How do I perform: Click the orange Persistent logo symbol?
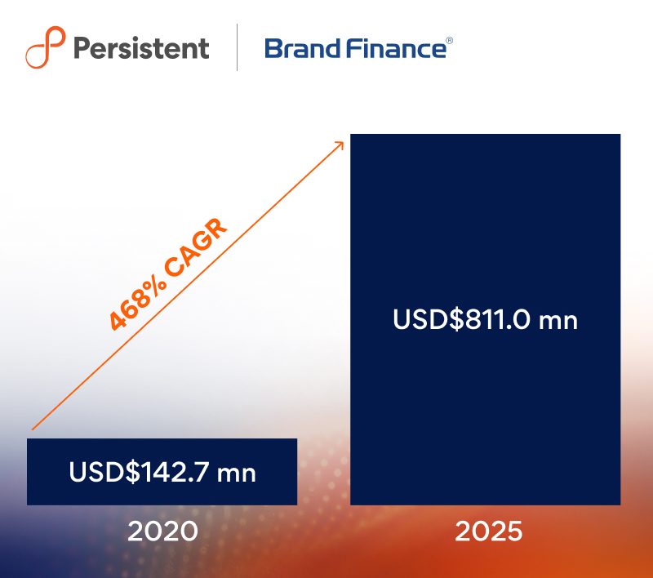point(46,47)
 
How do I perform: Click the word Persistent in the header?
point(141,48)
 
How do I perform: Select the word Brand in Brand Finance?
point(303,48)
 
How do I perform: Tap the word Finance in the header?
point(396,48)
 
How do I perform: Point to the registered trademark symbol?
point(450,40)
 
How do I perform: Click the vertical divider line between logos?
point(237,47)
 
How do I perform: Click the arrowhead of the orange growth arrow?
point(340,145)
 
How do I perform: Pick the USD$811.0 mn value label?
point(485,319)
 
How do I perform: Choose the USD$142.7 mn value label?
point(162,472)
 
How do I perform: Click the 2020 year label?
point(162,531)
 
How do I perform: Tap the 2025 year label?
point(488,531)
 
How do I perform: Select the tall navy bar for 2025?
point(485,319)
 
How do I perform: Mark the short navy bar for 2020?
point(162,472)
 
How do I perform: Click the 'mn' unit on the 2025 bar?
point(558,321)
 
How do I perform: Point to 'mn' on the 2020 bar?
point(237,474)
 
